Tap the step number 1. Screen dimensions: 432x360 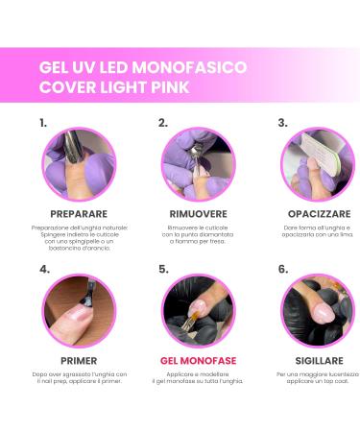pos(43,123)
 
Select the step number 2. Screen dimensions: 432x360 pos(163,123)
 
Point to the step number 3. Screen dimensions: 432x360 pos(282,123)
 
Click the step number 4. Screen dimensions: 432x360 pos(44,270)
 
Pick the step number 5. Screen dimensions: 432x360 pos(163,270)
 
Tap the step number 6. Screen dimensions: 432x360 pos(283,270)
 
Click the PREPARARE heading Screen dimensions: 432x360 pos(79,213)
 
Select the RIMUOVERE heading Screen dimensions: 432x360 pos(198,213)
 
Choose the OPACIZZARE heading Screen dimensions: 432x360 pos(317,213)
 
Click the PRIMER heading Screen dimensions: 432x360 pos(79,361)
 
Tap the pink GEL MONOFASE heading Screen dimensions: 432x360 pos(198,361)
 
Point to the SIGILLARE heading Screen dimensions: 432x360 pos(317,361)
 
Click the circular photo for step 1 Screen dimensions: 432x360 pos(79,164)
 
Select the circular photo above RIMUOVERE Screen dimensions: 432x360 pos(198,164)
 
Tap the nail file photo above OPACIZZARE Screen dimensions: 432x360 pos(317,164)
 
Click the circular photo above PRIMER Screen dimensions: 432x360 pos(79,311)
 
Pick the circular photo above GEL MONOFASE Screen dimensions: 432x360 pos(198,311)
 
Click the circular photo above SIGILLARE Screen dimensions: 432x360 pos(317,311)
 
